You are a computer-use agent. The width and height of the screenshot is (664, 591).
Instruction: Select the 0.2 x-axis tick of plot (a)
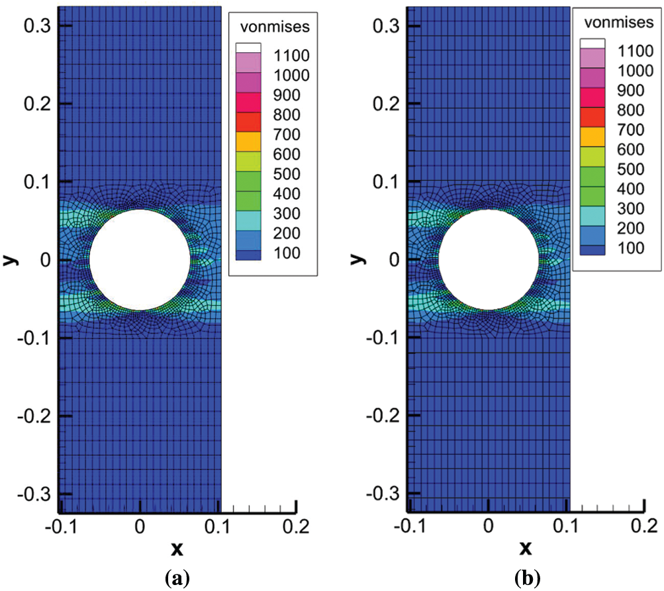click(x=295, y=527)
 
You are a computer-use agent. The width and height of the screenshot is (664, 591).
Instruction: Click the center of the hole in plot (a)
click(x=140, y=259)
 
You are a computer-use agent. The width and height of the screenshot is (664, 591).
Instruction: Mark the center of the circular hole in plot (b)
click(x=489, y=259)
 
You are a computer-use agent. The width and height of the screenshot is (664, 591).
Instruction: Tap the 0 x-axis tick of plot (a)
click(x=140, y=527)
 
